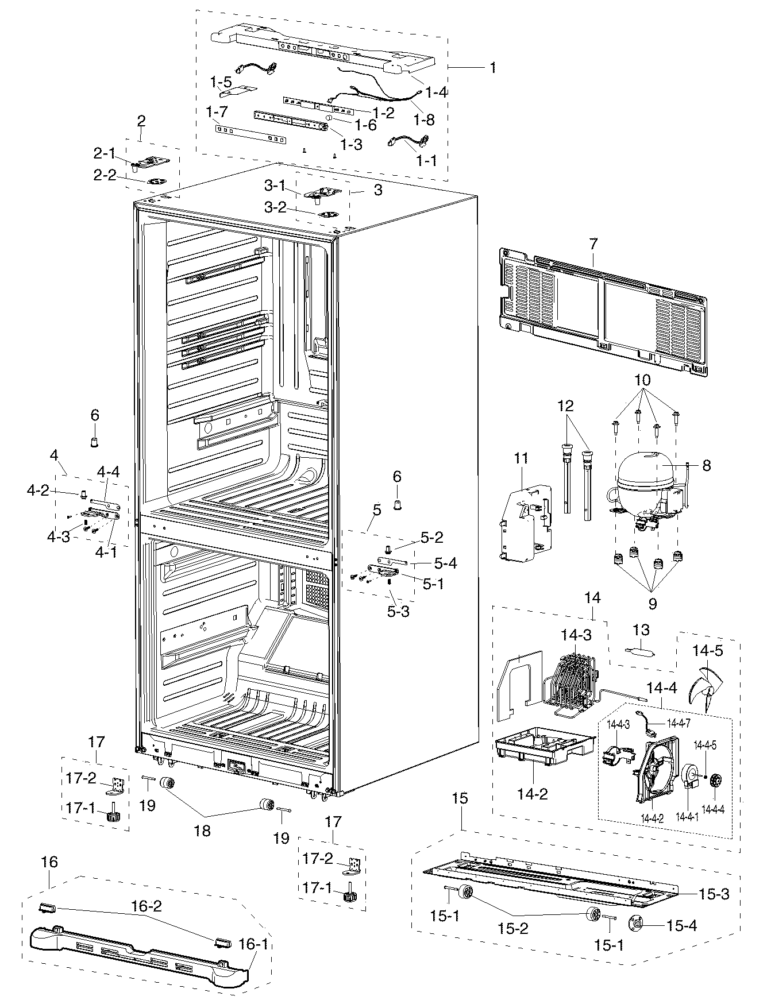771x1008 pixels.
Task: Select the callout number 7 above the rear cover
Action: pyautogui.click(x=592, y=244)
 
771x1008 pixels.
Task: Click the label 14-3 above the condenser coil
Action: pyautogui.click(x=576, y=635)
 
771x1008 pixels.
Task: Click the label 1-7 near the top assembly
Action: pyautogui.click(x=217, y=113)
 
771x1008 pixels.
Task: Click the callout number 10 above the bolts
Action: pyautogui.click(x=642, y=381)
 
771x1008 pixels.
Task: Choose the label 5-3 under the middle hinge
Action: pyautogui.click(x=398, y=611)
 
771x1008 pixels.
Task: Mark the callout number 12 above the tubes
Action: pyautogui.click(x=565, y=406)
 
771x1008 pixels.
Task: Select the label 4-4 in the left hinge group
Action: pyautogui.click(x=108, y=472)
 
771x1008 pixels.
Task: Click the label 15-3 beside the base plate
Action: pyautogui.click(x=714, y=894)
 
